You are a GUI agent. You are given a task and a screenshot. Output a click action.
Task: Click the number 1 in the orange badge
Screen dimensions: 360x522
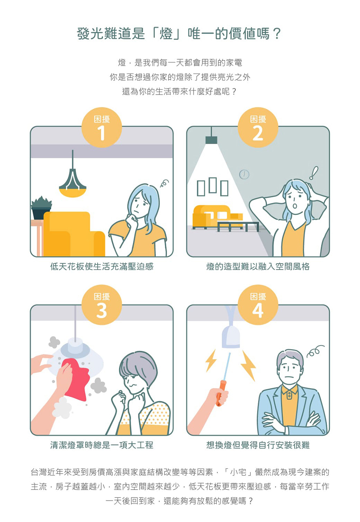102,133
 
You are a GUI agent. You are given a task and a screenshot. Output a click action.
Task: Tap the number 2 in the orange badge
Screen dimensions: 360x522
258,133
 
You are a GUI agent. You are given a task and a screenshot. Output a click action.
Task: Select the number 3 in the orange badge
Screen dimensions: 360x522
102,311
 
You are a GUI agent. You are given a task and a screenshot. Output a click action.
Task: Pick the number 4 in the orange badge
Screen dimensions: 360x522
258,311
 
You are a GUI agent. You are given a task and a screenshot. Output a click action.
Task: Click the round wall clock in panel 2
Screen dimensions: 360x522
244,174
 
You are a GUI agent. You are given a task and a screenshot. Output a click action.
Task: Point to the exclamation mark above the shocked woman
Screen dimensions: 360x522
314,173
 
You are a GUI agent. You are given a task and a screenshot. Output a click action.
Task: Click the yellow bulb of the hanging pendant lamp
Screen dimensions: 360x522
72,193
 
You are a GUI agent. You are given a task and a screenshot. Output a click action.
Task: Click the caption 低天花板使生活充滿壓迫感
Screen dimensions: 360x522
102,266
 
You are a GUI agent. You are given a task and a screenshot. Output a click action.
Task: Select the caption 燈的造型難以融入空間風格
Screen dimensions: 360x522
258,266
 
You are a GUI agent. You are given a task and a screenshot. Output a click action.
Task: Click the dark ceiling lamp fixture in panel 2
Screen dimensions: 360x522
211,140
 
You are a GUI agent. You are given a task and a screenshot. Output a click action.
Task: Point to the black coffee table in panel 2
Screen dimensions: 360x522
238,227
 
